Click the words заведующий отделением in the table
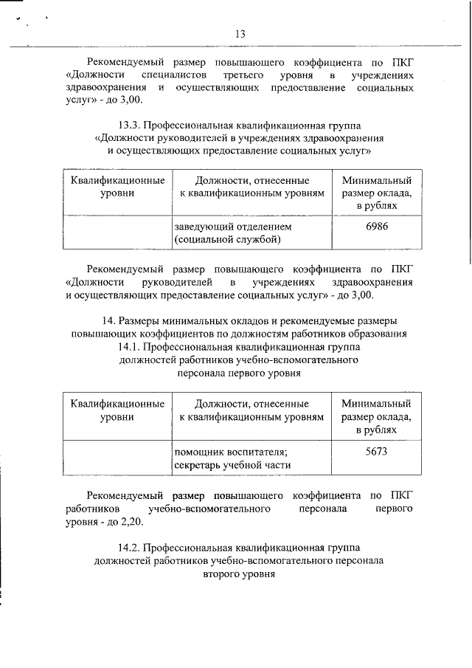(233, 226)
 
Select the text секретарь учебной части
(232, 465)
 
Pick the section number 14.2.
(132, 548)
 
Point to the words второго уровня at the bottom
(240, 575)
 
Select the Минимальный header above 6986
(377, 180)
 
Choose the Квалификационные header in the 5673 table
(117, 404)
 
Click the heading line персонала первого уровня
(240, 373)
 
